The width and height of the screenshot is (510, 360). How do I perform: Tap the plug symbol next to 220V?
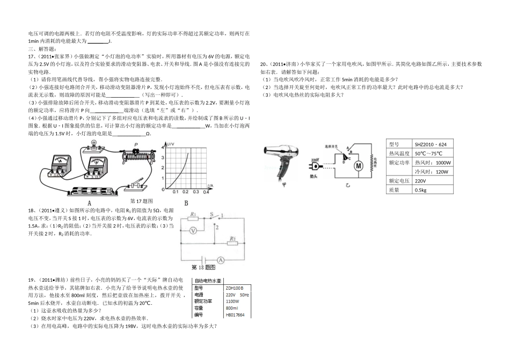click(x=312, y=168)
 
